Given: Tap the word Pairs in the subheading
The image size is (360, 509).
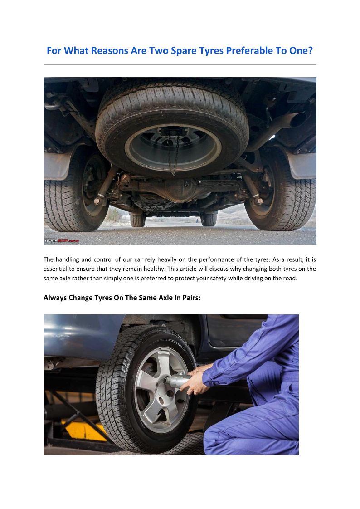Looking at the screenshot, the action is pos(191,298).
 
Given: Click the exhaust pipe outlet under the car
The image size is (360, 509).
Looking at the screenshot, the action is pos(298,119).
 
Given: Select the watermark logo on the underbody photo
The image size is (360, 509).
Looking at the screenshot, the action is pos(61,241).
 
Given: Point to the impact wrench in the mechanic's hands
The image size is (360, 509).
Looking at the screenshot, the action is pos(177,381).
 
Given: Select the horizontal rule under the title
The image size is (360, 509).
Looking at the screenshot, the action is pos(180,64).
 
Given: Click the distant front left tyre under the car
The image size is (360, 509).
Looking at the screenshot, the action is pos(138,220).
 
